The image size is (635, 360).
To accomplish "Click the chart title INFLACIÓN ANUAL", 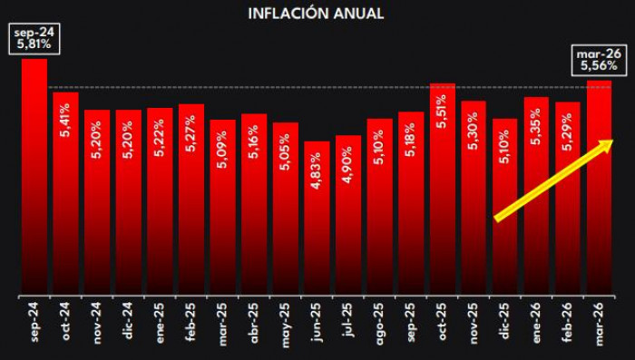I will pyautogui.click(x=316, y=14).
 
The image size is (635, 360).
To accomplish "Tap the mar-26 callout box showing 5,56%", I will pyautogui.click(x=597, y=60).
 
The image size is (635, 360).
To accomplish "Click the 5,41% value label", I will pyautogui.click(x=66, y=119).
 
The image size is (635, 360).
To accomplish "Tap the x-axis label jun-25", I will pyautogui.click(x=317, y=321).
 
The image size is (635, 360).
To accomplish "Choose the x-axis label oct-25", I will pyautogui.click(x=443, y=321).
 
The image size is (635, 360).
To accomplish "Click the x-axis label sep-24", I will pyautogui.click(x=34, y=321).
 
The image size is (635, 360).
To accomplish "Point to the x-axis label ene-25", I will pyautogui.click(x=161, y=321).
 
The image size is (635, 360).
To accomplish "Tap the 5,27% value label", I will pyautogui.click(x=191, y=132).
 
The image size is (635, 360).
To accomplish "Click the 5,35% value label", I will pyautogui.click(x=537, y=125).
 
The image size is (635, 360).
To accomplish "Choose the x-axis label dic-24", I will pyautogui.click(x=129, y=321).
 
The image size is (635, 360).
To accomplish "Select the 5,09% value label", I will pyautogui.click(x=223, y=147).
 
